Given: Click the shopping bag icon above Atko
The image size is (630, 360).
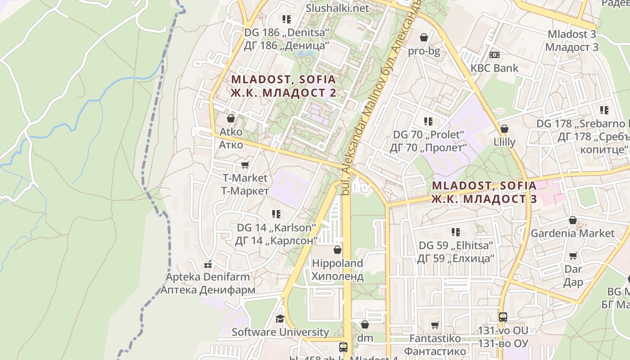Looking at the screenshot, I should pyautogui.click(x=231, y=118).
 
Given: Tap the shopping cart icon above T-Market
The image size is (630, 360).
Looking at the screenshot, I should pyautogui.click(x=245, y=165).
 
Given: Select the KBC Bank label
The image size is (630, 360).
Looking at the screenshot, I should pyautogui.click(x=494, y=68).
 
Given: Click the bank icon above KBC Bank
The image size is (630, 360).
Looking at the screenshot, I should pyautogui.click(x=494, y=55).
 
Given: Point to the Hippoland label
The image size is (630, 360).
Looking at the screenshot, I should pyautogui.click(x=337, y=263).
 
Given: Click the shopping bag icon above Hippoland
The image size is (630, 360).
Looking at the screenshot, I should pyautogui.click(x=337, y=250).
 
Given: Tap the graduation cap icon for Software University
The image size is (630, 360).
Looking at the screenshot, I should pyautogui.click(x=280, y=319).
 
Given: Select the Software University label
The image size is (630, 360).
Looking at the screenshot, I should pyautogui.click(x=280, y=332).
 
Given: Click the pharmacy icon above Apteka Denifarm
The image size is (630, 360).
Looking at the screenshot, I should pyautogui.click(x=208, y=263).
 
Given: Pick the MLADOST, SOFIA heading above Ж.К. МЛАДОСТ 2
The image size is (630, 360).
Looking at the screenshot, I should pyautogui.click(x=283, y=80).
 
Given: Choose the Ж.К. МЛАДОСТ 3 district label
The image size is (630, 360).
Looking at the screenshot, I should pyautogui.click(x=484, y=199).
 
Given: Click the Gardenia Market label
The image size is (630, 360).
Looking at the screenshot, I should pyautogui.click(x=572, y=233).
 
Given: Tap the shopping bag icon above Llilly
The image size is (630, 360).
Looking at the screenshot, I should pyautogui.click(x=504, y=129).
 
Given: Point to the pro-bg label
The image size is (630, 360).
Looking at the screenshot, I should pyautogui.click(x=424, y=51).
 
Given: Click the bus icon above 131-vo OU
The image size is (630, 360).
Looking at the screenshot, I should pyautogui.click(x=503, y=317).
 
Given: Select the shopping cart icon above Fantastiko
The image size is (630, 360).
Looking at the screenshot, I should pyautogui.click(x=435, y=325).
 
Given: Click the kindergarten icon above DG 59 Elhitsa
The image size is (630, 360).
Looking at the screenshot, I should pyautogui.click(x=456, y=232).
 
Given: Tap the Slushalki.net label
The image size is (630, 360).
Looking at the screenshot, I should pyautogui.click(x=337, y=8).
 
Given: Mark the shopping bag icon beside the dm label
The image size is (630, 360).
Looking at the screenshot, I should pyautogui.click(x=365, y=324).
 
